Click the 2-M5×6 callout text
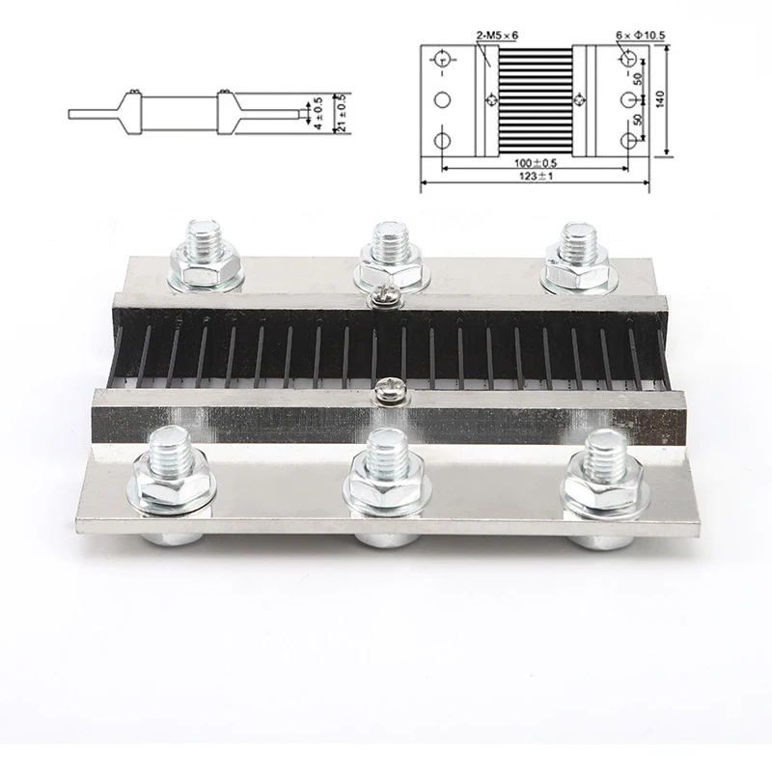pos(497,36)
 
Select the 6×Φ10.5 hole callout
pos(641,36)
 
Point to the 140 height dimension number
pos(661,99)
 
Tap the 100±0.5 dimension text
pos(536,162)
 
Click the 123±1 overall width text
pos(536,176)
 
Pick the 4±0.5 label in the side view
pos(318,114)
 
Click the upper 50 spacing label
pos(638,78)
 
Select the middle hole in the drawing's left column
pos(443,100)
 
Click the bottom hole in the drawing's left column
pos(443,140)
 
